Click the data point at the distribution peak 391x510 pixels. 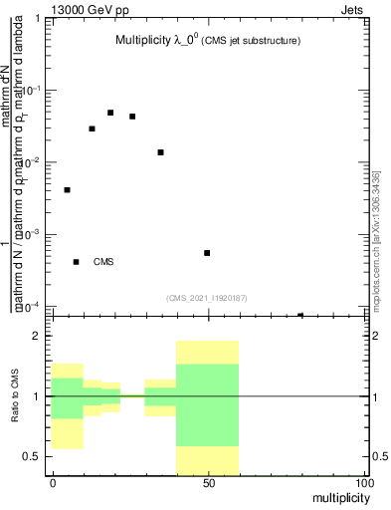pyautogui.click(x=110, y=113)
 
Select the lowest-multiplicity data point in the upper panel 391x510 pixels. pyautogui.click(x=67, y=189)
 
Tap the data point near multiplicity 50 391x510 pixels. pyautogui.click(x=207, y=253)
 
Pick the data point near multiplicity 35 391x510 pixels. pyautogui.click(x=160, y=152)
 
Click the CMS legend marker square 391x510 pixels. pyautogui.click(x=77, y=262)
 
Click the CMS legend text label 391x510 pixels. pyautogui.click(x=103, y=262)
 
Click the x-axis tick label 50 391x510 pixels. pyautogui.click(x=208, y=483)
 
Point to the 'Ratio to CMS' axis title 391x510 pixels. pyautogui.click(x=16, y=395)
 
